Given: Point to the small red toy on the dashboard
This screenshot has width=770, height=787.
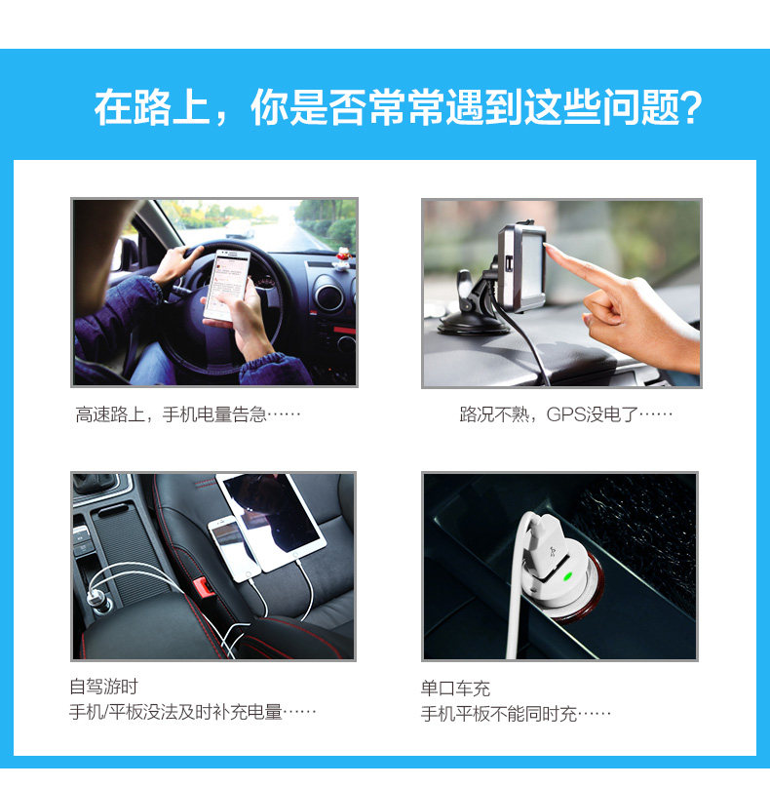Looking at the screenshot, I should (341, 259).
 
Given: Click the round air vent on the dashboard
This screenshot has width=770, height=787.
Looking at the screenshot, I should (329, 297).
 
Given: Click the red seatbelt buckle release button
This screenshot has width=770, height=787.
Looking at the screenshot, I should (204, 588).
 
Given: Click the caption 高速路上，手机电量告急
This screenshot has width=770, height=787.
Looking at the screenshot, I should (188, 414).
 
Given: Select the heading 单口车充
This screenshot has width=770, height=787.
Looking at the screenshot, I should (455, 689).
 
